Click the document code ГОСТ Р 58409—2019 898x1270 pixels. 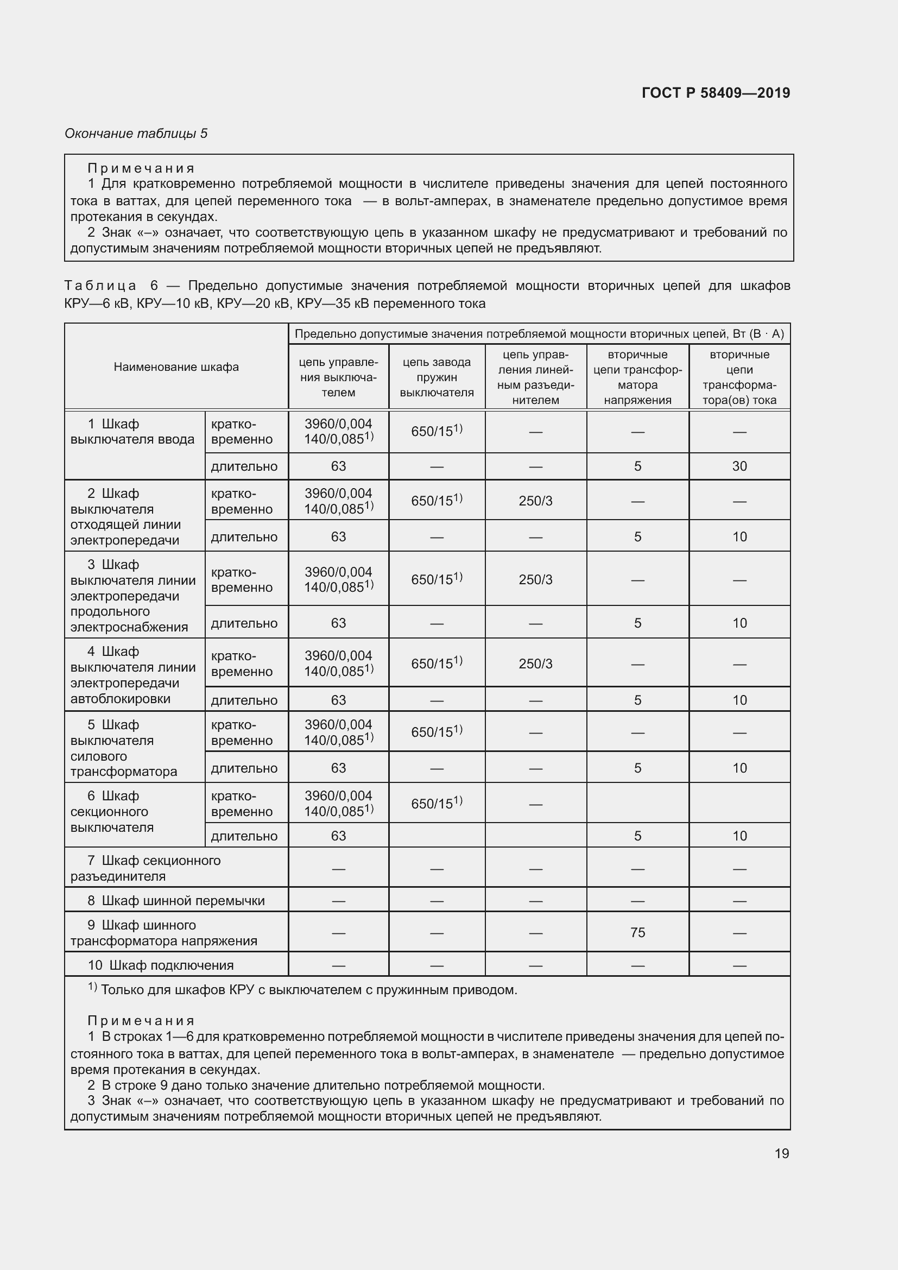point(716,93)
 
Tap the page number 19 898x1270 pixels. point(781,1153)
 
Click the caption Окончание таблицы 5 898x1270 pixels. point(136,134)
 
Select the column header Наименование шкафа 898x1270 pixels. point(176,367)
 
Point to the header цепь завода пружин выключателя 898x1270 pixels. point(437,377)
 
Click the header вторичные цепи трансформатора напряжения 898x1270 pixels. point(637,377)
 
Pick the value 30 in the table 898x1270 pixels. point(739,466)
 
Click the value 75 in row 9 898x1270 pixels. point(637,933)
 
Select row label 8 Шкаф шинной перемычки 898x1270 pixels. point(176,900)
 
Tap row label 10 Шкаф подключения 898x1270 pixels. point(160,965)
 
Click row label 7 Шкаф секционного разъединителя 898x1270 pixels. point(146,868)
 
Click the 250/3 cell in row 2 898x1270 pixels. point(535,501)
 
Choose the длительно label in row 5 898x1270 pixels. point(244,768)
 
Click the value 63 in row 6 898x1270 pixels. point(338,836)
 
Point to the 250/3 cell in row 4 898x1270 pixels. point(535,664)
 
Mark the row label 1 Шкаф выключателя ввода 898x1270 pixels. point(132,432)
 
